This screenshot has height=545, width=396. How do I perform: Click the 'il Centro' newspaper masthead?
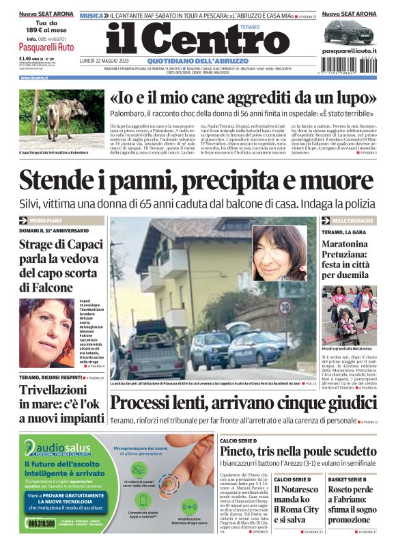tap(188, 38)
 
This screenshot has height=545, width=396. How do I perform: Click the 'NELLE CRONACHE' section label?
tap(352, 221)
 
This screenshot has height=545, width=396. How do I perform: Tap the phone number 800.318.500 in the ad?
tap(42, 523)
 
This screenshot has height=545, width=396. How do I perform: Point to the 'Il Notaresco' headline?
tap(296, 490)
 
